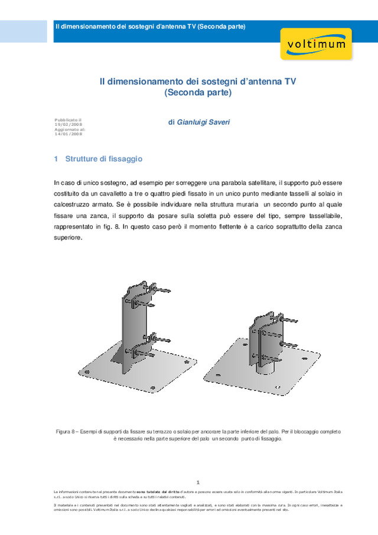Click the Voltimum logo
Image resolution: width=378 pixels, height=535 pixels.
point(316,44)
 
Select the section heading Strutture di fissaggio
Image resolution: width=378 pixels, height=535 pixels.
point(104,159)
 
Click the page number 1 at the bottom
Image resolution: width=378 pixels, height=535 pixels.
point(198,482)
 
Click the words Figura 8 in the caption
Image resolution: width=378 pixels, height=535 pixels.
point(67,432)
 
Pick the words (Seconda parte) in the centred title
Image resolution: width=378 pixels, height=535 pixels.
point(198,93)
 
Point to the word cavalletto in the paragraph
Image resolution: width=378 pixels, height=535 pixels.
point(118,194)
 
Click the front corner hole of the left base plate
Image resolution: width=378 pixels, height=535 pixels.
point(154,387)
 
